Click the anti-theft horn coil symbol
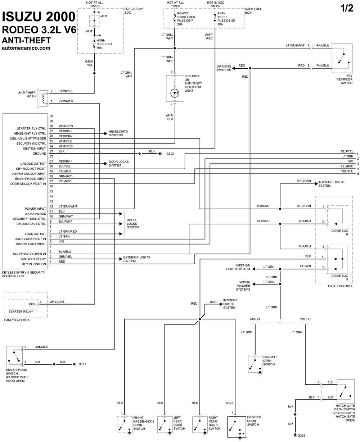tap(44, 98)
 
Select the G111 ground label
tap(82, 364)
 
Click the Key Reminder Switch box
tap(342, 58)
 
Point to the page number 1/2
tap(347, 8)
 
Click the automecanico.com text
tap(26, 48)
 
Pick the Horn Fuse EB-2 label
tap(104, 44)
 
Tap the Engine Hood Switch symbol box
tap(14, 356)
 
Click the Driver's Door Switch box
tap(237, 427)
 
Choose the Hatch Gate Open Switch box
tap(346, 391)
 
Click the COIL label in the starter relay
tap(32, 304)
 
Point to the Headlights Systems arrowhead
tap(106, 133)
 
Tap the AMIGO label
tap(255, 319)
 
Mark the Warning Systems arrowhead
tap(234, 68)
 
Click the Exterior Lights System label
tap(136, 259)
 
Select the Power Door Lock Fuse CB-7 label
tap(186, 19)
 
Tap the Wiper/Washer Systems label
tap(243, 286)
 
